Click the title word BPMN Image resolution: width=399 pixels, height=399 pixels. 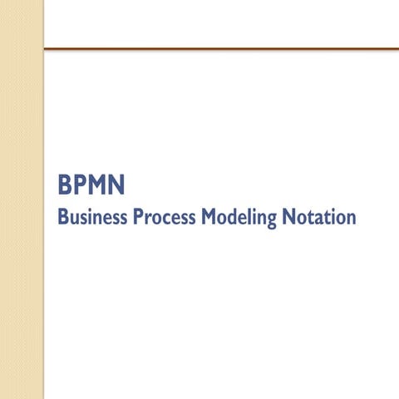(91, 185)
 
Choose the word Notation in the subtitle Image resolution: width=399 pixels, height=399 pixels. (319, 217)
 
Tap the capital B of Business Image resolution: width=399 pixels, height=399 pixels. (63, 217)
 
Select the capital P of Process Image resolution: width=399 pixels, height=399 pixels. (138, 217)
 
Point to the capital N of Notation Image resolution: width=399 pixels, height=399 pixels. (288, 217)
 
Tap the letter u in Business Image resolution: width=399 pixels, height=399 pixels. (74, 219)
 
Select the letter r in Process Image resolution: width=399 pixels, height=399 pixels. (148, 219)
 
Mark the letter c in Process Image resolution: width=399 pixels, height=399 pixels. (165, 219)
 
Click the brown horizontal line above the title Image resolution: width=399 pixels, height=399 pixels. (221, 49)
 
